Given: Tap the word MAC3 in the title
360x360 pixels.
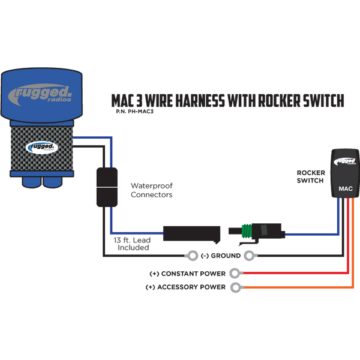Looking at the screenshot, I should pos(126,100).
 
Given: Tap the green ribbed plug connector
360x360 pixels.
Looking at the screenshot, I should pos(247,230).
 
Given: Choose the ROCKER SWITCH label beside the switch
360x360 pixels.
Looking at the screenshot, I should pos(311,176).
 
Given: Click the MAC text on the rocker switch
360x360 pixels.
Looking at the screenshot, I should pos(345,188).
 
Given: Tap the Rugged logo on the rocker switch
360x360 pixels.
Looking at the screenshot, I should pos(344,161).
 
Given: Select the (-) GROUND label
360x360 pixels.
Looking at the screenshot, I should pos(221,256).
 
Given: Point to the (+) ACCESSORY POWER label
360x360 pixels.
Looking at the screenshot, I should pos(185,288).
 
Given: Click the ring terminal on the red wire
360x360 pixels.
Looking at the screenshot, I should pos(236,274).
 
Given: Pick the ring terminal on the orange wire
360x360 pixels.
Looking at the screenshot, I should pos(236,288).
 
